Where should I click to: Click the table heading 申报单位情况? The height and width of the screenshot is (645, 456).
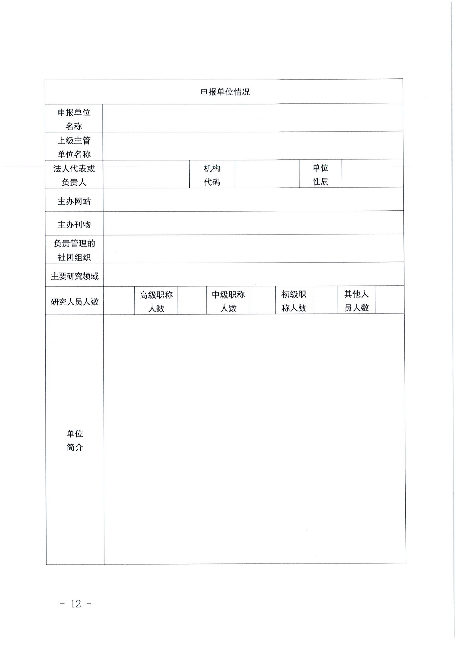(225, 92)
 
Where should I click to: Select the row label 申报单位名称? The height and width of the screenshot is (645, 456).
(74, 119)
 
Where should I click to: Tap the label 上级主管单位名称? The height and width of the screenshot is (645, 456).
(74, 147)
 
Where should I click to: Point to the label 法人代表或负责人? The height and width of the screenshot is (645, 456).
(74, 175)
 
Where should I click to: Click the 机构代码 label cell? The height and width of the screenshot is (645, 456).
(212, 175)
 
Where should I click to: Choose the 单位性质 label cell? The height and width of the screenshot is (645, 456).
(320, 174)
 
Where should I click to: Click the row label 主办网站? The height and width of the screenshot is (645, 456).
(74, 201)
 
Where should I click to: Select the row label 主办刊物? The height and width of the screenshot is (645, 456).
(74, 224)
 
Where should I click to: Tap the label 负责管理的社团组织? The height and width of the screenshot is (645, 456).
(74, 250)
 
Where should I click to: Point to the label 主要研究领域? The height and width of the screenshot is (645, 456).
(74, 276)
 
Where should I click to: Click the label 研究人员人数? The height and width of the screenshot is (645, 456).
(74, 301)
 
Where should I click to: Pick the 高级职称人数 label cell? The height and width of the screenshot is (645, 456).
(156, 301)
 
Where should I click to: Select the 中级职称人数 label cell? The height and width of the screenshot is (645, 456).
(228, 301)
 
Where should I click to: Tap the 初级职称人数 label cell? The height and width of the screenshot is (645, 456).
(294, 301)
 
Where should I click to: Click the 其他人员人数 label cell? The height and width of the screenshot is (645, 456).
(356, 300)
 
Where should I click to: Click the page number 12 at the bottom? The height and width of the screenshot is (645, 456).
(76, 604)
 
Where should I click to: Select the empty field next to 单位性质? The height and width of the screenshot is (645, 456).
(372, 174)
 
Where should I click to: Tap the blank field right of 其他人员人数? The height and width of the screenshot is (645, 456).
(390, 300)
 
